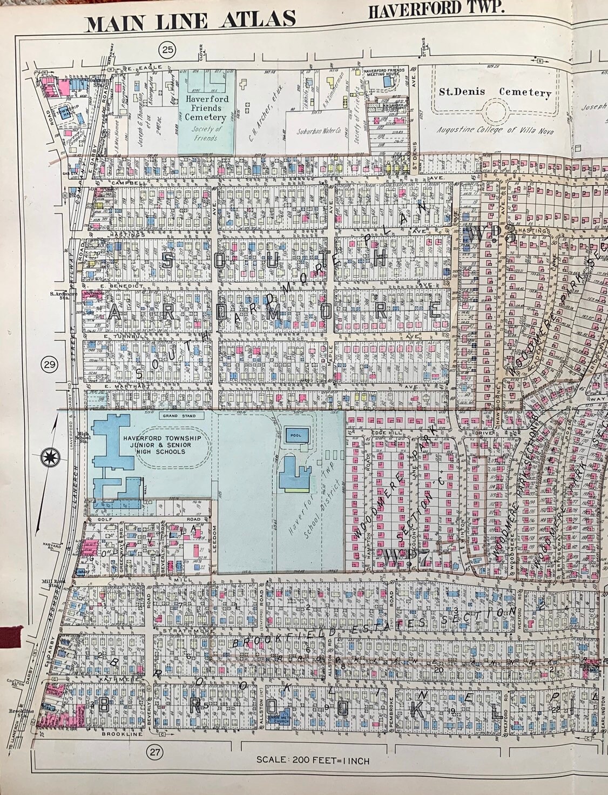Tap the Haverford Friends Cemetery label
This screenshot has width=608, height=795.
[207, 107]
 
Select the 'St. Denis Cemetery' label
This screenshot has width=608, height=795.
[494, 92]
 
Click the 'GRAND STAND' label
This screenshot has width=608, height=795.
[173, 416]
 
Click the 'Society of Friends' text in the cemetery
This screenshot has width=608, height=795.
[207, 133]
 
